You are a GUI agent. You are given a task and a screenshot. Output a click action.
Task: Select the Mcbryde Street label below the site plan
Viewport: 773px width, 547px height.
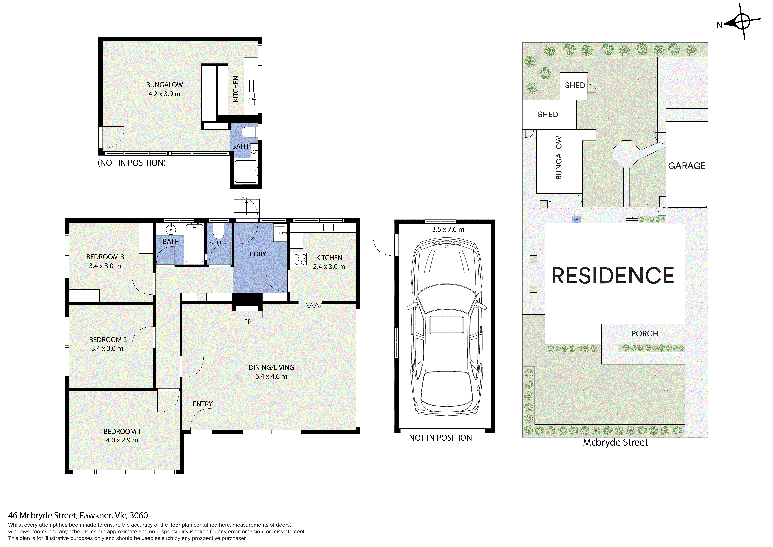[615, 442]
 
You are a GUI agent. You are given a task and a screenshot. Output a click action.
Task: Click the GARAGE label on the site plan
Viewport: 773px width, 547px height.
[687, 166]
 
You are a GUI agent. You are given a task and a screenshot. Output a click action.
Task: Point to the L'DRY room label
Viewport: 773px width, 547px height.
[258, 254]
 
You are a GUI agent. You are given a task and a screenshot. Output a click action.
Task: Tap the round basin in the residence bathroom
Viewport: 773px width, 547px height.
[171, 230]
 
